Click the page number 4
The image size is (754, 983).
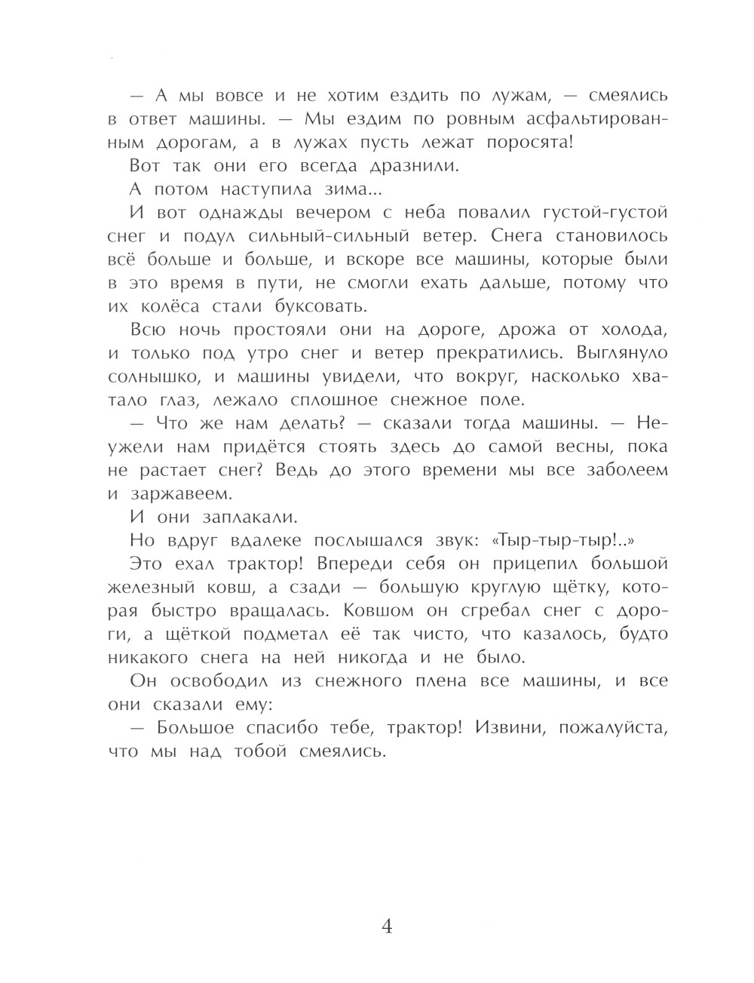coord(387,926)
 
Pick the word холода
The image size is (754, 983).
coord(621,330)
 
